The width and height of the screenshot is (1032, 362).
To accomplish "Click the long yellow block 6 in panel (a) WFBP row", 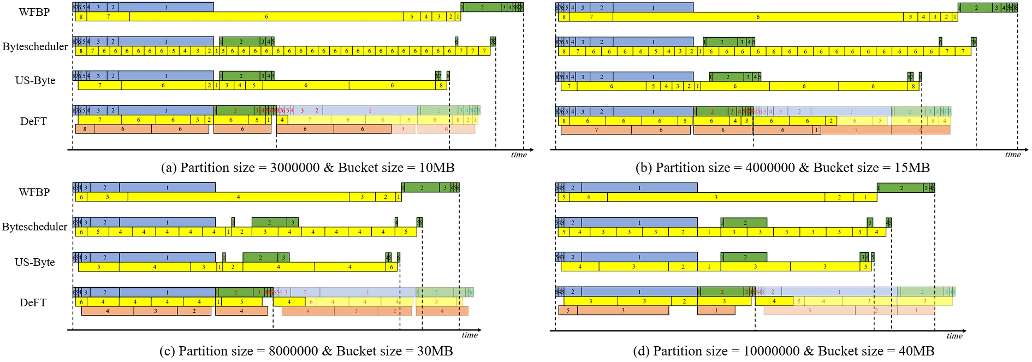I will [x=266, y=17].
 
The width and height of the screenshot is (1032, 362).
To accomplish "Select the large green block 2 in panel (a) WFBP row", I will [x=482, y=8].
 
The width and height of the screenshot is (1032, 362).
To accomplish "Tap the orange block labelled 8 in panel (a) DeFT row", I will [x=85, y=129].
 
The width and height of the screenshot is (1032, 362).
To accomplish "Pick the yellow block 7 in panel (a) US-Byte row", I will [x=99, y=85].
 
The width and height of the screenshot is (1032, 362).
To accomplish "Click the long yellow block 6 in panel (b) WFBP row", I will [x=758, y=17].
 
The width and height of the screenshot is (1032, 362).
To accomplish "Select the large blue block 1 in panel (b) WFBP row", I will [x=653, y=8].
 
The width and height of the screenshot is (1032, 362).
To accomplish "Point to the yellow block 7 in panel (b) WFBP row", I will [x=591, y=17].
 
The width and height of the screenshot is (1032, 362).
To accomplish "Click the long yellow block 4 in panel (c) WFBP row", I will [x=239, y=197].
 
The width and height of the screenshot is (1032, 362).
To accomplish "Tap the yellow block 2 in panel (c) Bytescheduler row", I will [x=242, y=232].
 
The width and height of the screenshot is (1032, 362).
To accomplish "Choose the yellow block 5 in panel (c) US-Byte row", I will [x=99, y=267].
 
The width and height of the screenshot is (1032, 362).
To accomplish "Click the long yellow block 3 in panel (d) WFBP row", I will [x=715, y=197].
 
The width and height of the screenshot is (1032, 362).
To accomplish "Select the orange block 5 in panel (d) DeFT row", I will [x=568, y=311].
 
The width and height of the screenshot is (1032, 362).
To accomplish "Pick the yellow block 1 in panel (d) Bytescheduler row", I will [x=709, y=232].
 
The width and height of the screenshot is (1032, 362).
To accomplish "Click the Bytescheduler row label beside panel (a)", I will [x=35, y=46].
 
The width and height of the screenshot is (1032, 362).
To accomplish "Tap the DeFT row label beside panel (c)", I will [x=33, y=302].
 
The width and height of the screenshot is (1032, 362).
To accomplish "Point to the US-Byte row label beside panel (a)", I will [x=35, y=80].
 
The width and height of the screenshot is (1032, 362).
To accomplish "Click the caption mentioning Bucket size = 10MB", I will [x=307, y=168].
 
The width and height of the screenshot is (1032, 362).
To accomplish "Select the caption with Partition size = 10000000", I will [x=784, y=351].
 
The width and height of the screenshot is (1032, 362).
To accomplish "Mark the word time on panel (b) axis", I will [x=1012, y=155].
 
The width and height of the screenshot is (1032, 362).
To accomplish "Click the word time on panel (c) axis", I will [x=470, y=335].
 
